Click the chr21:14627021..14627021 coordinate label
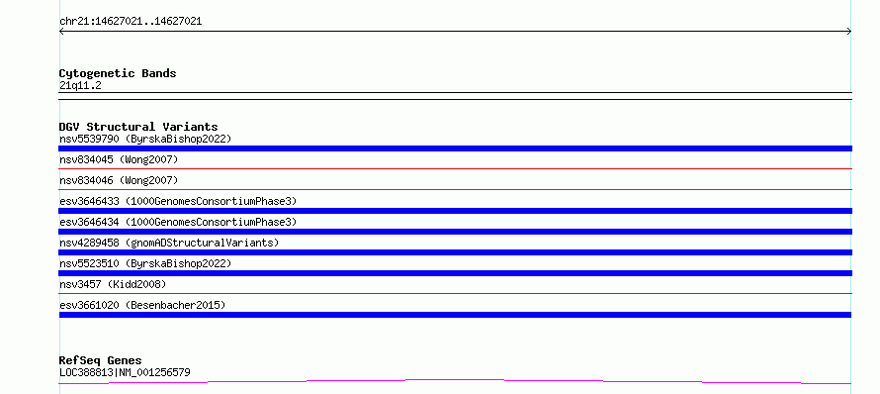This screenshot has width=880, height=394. point(131,22)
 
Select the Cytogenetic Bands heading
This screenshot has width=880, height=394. point(118,73)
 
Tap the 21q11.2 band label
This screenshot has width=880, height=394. point(80,86)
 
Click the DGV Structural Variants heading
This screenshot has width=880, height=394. point(138,127)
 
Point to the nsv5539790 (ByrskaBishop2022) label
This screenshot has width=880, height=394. point(145,139)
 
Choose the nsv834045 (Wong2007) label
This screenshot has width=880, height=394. point(119,159)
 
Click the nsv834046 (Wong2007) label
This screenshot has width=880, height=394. point(119,180)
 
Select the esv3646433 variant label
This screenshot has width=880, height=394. point(178,201)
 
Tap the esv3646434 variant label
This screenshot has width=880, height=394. point(178,222)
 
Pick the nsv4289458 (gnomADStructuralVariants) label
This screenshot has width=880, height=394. point(169,243)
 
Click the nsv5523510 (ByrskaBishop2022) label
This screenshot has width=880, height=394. point(145,263)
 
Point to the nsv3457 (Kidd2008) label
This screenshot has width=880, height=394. point(113,284)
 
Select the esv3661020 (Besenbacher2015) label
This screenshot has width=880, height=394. point(142,305)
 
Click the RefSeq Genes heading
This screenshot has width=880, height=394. point(101,360)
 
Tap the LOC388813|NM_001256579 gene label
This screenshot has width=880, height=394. point(125,372)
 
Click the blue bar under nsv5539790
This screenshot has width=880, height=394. point(455,148)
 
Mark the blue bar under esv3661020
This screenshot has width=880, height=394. point(455,315)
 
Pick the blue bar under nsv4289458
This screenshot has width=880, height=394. point(455,252)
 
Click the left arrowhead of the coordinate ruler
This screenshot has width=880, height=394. point(60,32)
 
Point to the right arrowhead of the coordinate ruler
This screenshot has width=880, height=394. point(850,32)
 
